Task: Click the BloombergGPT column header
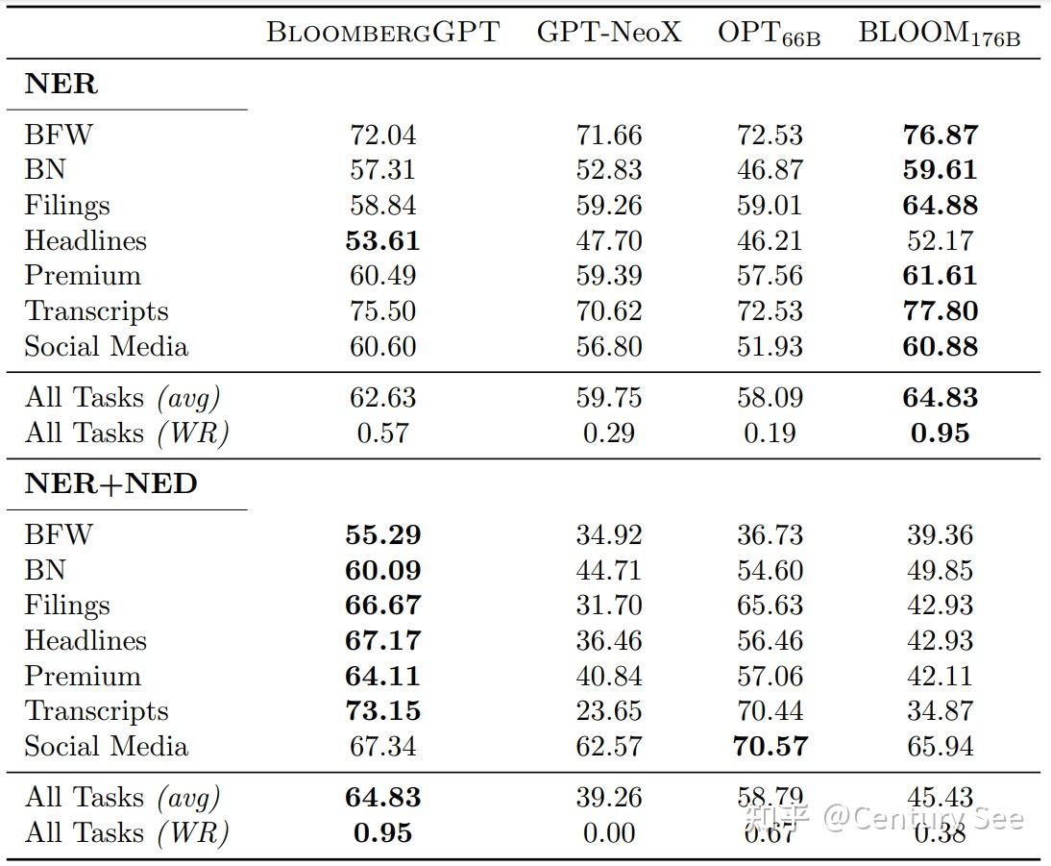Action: click(x=382, y=32)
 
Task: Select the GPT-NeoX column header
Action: click(x=608, y=32)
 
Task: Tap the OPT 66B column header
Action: click(x=769, y=34)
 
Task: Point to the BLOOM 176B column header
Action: click(x=939, y=34)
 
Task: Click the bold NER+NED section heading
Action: click(x=110, y=483)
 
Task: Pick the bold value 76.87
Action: click(x=940, y=135)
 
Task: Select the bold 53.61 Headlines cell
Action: click(x=382, y=240)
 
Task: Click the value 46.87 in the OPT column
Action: click(x=770, y=169)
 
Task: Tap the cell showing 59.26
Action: click(x=608, y=205)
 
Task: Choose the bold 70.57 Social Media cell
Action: click(x=770, y=746)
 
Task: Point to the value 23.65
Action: click(x=608, y=710)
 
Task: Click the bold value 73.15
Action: click(x=382, y=710)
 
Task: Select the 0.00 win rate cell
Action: click(x=608, y=832)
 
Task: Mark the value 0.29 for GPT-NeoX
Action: click(x=608, y=433)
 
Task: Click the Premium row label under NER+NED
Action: click(x=83, y=676)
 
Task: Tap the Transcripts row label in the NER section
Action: click(x=96, y=311)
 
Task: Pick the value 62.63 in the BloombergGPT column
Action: click(x=382, y=397)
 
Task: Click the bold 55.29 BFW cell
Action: click(x=382, y=534)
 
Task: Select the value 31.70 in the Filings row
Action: click(x=608, y=605)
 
